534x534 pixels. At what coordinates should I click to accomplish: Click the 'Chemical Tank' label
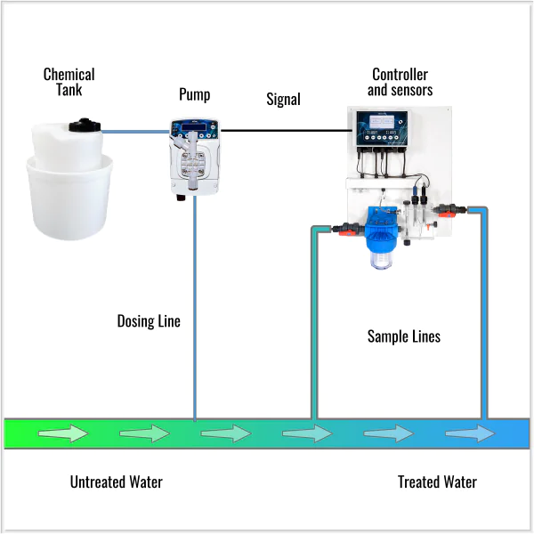tap(69, 81)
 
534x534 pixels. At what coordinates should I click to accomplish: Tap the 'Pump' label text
tap(194, 93)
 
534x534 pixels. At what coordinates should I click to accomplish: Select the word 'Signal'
tap(283, 99)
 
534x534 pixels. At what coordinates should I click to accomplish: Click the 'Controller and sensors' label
tap(400, 82)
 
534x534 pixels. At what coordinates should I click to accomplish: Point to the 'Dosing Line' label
tap(149, 320)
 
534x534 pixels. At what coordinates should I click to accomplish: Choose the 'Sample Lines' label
tap(404, 336)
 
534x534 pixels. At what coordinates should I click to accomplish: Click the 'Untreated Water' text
tap(117, 482)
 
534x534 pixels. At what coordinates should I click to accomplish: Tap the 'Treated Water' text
tap(437, 482)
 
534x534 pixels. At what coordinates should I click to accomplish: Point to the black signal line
tap(285, 131)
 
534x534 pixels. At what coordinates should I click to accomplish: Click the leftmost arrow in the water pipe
tap(63, 433)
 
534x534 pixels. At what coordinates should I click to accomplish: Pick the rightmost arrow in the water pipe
tap(470, 433)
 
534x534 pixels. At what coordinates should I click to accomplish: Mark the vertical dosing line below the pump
tap(194, 311)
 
